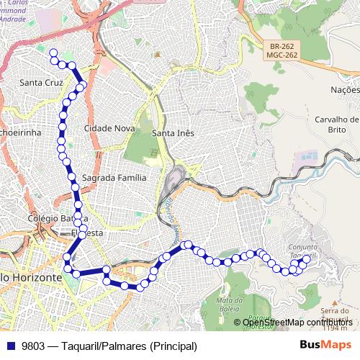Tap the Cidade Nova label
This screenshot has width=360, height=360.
point(109,127)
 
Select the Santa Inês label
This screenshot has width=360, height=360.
point(174,132)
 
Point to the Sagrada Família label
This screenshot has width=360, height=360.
point(114,176)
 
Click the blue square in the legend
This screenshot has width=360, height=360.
point(11,346)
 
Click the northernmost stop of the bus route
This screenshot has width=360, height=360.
point(52,52)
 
